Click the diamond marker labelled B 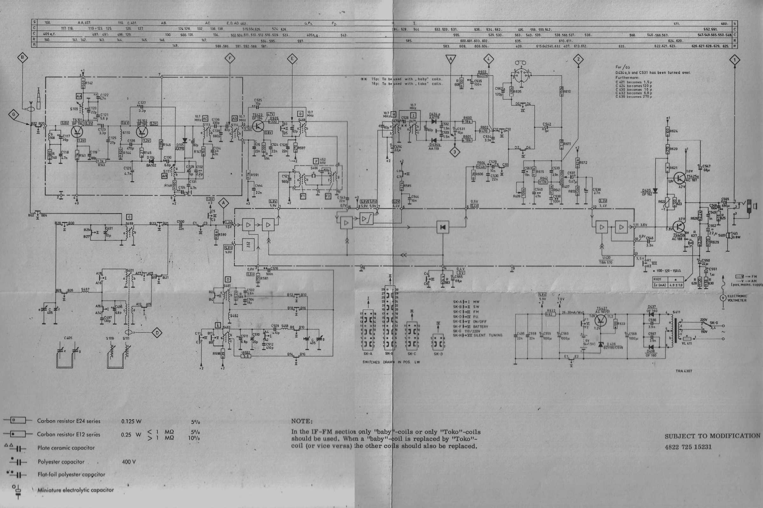[x=22, y=58]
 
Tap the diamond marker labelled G [x=14, y=114]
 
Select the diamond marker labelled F [x=230, y=59]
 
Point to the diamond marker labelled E [x=292, y=59]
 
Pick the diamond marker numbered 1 [x=734, y=60]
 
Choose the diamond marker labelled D [x=157, y=333]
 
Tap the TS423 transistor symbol [x=258, y=126]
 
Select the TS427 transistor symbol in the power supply [x=601, y=320]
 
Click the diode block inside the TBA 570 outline [x=443, y=227]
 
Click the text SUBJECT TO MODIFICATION [x=712, y=436]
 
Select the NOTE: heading [x=302, y=421]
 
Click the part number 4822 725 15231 [x=688, y=447]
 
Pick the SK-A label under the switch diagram [x=368, y=354]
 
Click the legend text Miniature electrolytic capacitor [x=76, y=490]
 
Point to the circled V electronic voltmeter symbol [x=723, y=298]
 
